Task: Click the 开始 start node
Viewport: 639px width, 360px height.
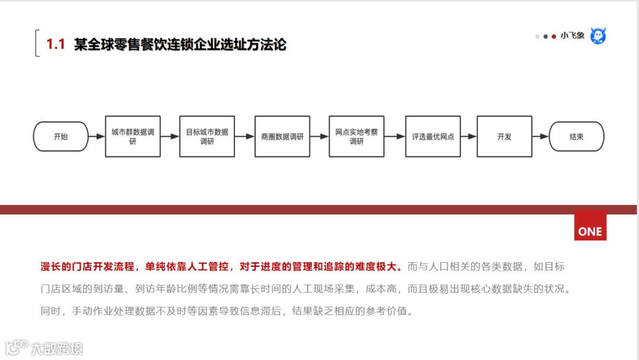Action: click(60, 137)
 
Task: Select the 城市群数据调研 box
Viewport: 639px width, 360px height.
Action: click(133, 137)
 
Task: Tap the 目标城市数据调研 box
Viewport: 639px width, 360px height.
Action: click(207, 137)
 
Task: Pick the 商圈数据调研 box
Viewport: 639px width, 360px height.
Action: click(282, 137)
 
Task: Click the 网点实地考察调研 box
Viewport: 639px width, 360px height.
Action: click(357, 137)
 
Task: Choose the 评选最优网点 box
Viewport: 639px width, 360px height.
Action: click(433, 137)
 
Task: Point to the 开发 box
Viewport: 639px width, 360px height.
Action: click(504, 137)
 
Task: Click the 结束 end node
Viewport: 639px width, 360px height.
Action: click(576, 137)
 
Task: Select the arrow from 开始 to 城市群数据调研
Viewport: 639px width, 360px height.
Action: click(96, 137)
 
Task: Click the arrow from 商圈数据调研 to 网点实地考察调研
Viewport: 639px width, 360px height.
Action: click(319, 137)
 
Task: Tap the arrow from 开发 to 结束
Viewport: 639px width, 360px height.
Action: click(540, 137)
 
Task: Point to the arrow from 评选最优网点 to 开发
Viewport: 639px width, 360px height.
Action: click(469, 137)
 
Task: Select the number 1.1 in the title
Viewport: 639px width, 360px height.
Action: click(56, 44)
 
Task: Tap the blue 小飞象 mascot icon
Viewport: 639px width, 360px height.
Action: click(598, 36)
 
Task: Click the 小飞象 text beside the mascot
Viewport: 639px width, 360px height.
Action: click(572, 36)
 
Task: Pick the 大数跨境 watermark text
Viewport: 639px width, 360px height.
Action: click(57, 348)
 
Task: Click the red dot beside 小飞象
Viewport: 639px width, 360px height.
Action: click(554, 36)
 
